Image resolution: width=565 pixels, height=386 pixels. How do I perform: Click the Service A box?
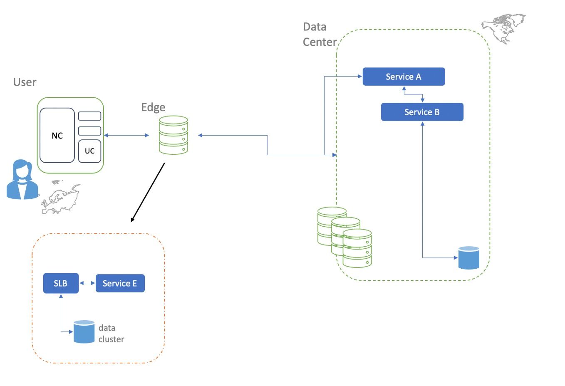(404, 77)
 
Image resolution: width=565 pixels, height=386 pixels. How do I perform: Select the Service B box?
(422, 112)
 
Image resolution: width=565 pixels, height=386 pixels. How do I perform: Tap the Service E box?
(120, 283)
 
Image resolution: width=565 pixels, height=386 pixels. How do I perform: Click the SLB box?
(61, 283)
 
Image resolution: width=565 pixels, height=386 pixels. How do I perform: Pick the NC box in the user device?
(57, 136)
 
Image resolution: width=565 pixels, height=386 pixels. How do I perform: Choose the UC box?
(89, 151)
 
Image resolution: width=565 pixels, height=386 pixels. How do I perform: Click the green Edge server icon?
(173, 135)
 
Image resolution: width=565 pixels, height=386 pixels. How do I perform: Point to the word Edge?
(153, 107)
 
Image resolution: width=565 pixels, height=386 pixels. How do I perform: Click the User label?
(25, 82)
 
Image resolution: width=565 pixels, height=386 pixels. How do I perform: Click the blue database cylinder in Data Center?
(468, 258)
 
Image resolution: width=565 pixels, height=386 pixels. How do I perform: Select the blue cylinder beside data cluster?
(84, 332)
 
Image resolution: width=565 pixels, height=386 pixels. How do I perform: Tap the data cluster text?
(111, 334)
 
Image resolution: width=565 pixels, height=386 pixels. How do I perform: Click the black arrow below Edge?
(148, 192)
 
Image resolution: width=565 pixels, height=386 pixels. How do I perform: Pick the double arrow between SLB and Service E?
(87, 283)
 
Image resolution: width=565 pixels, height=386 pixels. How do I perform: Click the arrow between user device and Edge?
(126, 135)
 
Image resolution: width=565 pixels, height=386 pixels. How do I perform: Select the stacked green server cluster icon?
(344, 236)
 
